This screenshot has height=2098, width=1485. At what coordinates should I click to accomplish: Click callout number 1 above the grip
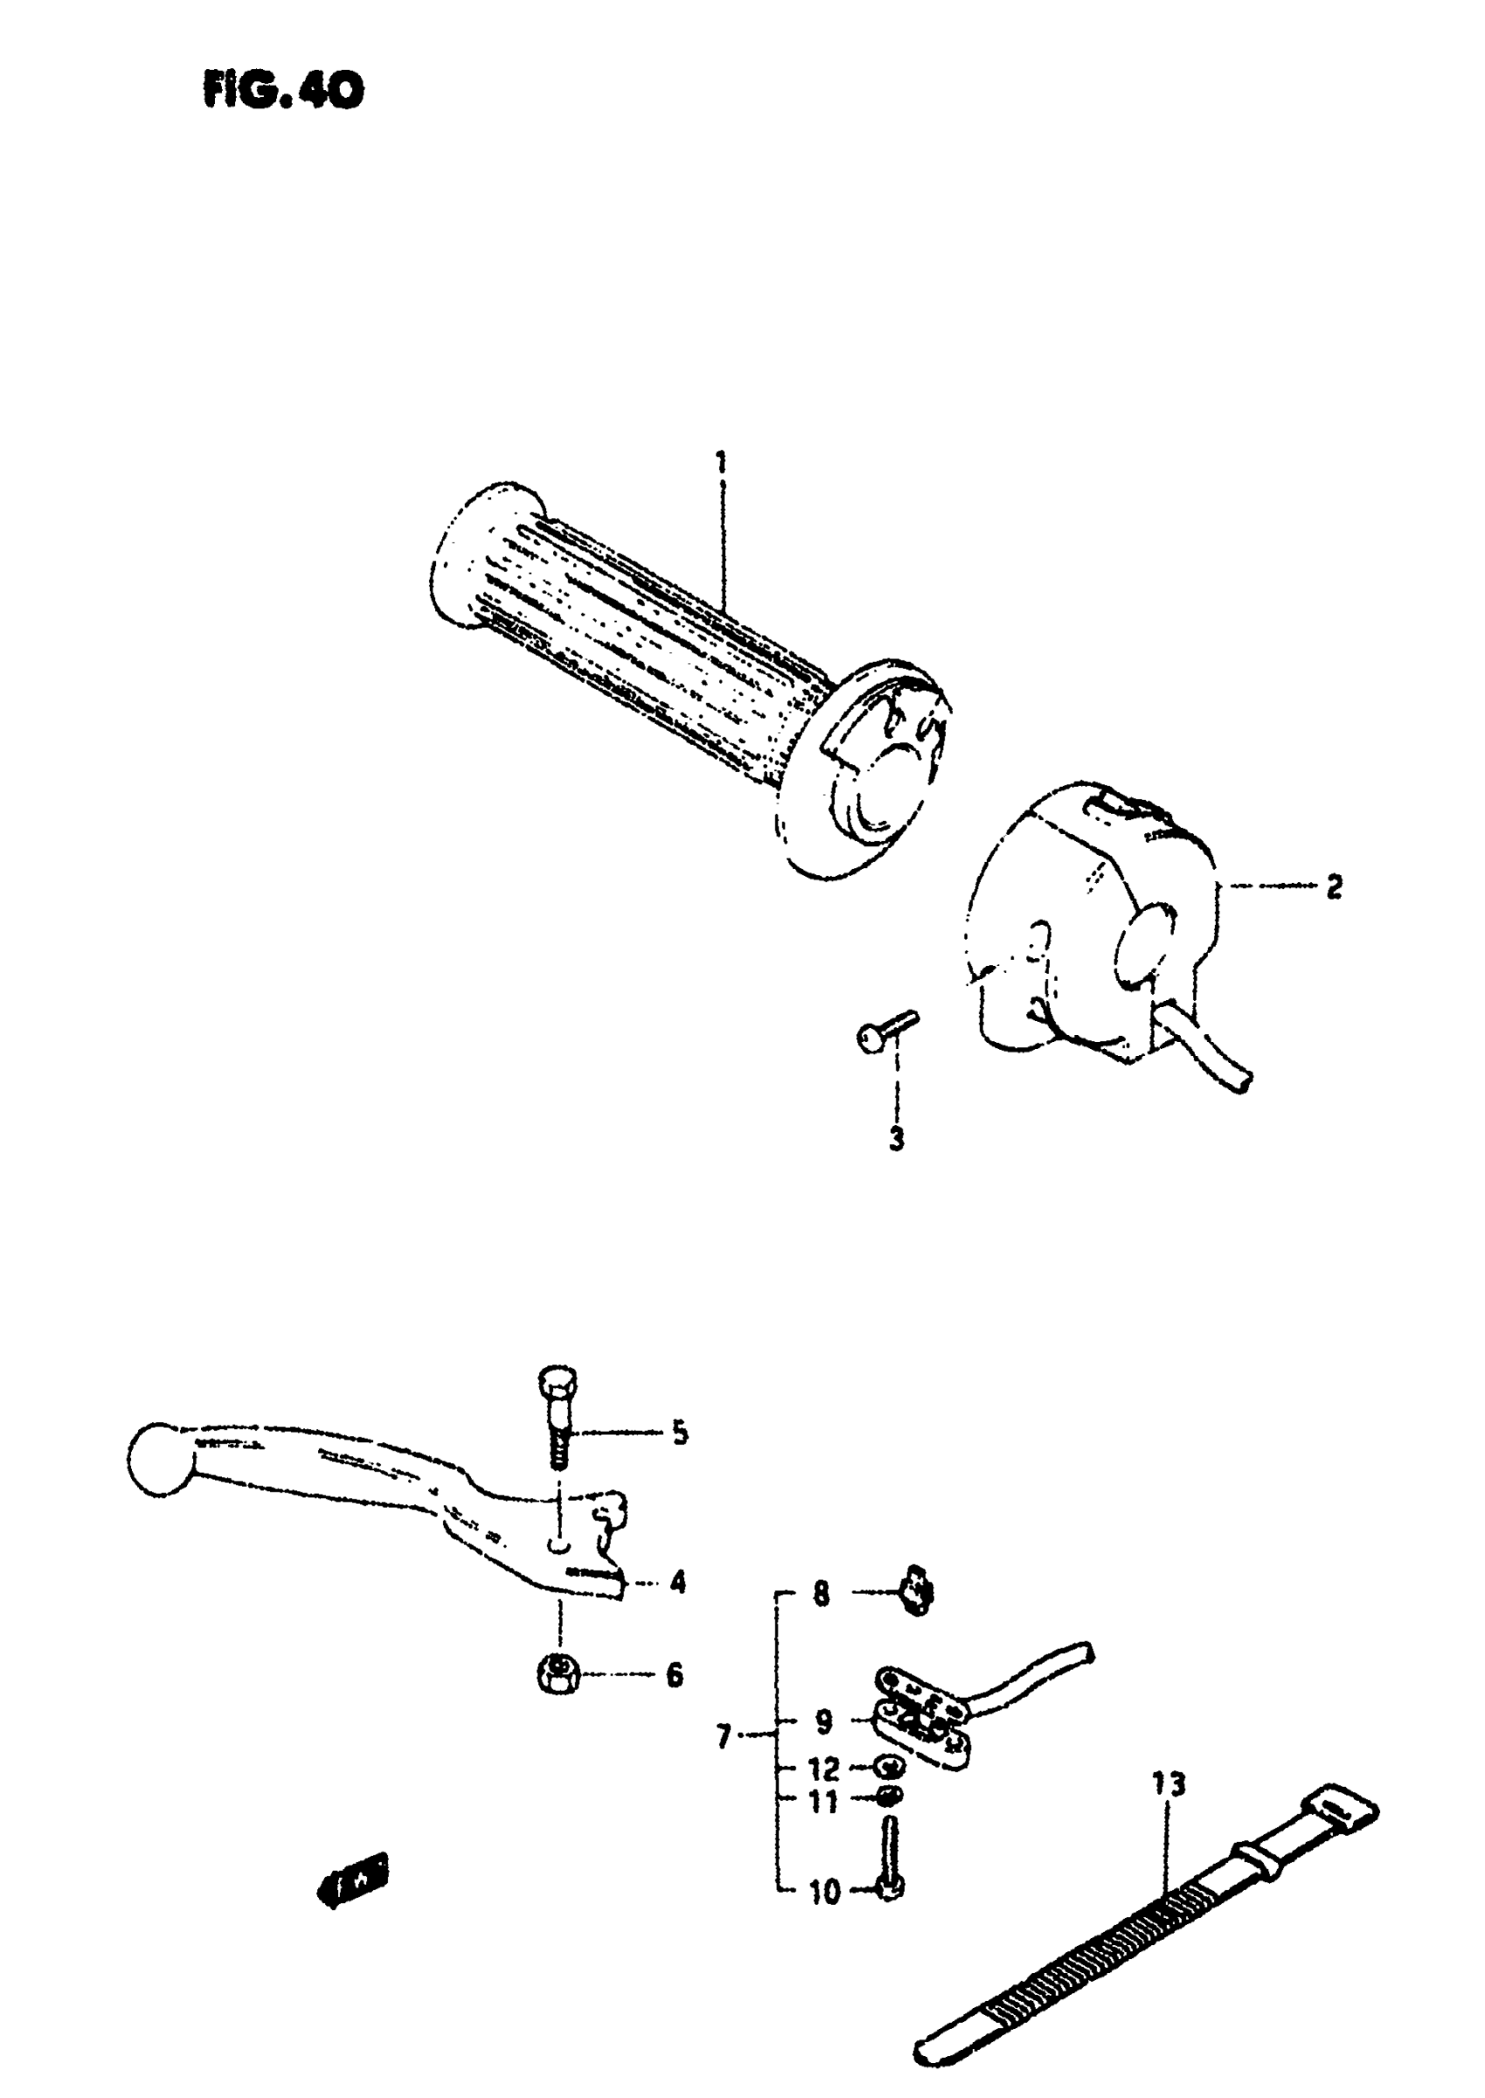[722, 463]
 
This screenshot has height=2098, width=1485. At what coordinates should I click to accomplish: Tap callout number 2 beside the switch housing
[1334, 886]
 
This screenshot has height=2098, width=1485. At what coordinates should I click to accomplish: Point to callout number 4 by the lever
[677, 1581]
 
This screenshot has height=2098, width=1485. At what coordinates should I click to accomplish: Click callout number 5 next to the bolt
[680, 1432]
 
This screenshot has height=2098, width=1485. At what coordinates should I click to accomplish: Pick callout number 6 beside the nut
[673, 1674]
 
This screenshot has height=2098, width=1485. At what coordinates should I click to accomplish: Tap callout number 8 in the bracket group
[821, 1595]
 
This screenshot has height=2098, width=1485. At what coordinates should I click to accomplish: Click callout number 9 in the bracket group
[823, 1723]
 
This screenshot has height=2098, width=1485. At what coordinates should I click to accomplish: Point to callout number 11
[824, 1802]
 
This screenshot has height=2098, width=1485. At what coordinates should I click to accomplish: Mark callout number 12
[824, 1769]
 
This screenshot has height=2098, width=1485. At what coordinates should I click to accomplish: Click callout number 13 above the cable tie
[1169, 1784]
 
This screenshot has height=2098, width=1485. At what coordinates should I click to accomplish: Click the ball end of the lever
[158, 1459]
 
